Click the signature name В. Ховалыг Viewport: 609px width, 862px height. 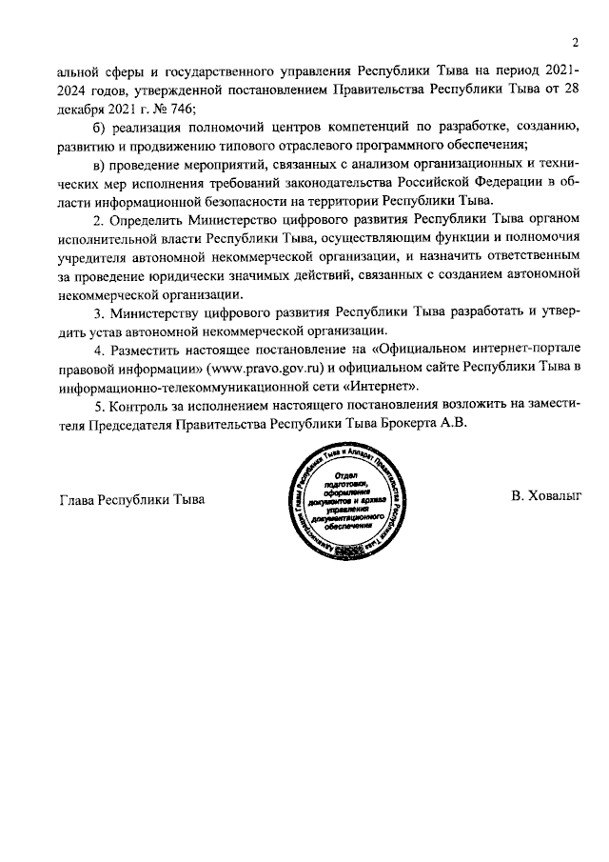click(x=546, y=496)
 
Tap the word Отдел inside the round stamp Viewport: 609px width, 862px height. click(x=344, y=473)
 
